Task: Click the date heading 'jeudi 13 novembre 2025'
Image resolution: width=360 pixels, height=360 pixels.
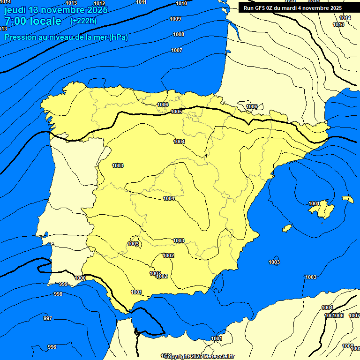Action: point(56,10)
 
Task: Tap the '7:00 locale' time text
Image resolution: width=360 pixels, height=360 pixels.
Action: point(33,21)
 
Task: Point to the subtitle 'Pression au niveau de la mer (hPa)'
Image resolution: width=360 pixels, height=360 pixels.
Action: point(66,37)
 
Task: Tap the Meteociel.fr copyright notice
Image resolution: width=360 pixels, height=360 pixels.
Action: point(199,356)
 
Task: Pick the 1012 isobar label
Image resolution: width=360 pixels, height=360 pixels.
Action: point(99,3)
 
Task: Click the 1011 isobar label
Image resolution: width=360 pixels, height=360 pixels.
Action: point(141,2)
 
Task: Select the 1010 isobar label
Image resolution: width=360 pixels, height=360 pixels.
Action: point(181,4)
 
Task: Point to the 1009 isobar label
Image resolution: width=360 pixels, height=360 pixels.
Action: point(175,19)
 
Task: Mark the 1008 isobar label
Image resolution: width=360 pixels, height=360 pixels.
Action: point(178,34)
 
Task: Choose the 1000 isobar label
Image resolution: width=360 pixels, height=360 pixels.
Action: point(80,278)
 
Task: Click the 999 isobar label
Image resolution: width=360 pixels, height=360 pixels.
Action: point(63,284)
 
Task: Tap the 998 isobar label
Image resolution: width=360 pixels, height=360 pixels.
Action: point(58,294)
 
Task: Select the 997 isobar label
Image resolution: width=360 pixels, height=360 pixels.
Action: point(48,318)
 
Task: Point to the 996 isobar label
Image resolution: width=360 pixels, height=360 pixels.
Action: point(52,347)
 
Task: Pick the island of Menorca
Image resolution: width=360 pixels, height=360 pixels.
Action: point(347,199)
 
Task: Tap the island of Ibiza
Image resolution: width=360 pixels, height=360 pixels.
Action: point(287,228)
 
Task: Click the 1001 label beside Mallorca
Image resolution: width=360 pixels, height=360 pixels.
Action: point(314,203)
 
